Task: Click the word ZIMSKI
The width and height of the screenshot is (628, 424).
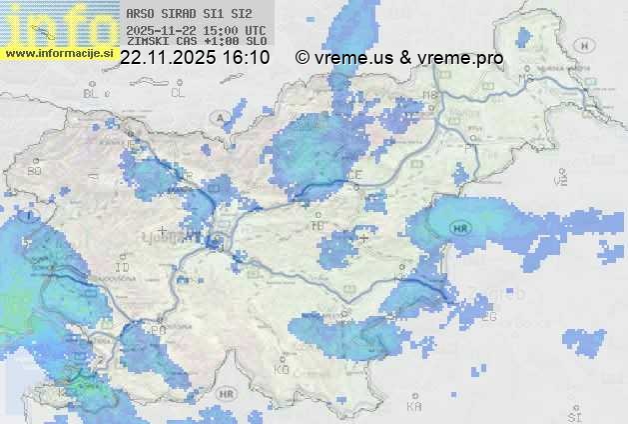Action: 147,41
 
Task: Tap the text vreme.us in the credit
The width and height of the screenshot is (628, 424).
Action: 351,58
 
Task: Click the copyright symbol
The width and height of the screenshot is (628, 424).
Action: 303,58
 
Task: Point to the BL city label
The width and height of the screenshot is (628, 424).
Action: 93,93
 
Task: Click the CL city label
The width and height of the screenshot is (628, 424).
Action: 178,93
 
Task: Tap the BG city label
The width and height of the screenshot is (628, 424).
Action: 34,171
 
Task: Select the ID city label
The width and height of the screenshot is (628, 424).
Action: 123,268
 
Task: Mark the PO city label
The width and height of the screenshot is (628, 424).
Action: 158,329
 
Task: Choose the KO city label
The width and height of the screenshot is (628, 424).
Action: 282,369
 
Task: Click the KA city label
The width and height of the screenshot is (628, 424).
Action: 414,407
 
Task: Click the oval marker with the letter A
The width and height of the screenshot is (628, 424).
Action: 219,117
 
